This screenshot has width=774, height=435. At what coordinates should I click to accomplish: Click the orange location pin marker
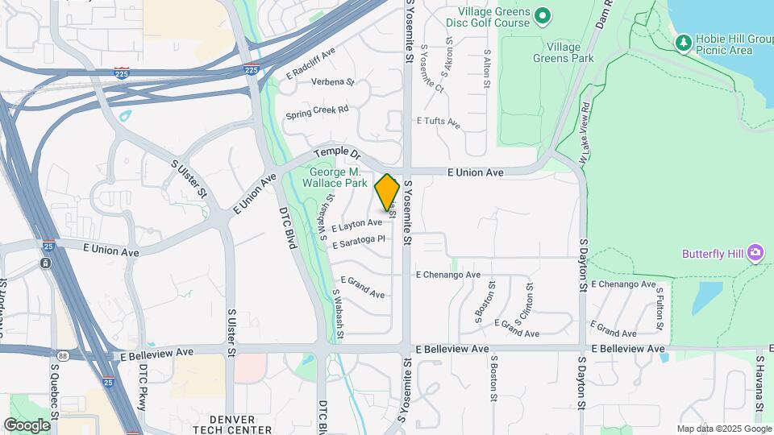click(387, 192)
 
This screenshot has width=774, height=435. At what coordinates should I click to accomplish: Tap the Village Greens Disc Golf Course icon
click(543, 15)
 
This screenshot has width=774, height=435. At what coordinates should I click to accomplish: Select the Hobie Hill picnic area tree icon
click(683, 40)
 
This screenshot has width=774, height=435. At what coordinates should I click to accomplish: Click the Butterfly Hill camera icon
click(755, 253)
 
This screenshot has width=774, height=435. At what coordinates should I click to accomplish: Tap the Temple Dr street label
click(338, 152)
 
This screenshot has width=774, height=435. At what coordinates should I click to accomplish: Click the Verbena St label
click(331, 82)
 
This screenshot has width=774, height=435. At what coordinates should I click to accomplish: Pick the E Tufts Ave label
click(438, 122)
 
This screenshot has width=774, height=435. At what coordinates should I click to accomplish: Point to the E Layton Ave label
click(356, 224)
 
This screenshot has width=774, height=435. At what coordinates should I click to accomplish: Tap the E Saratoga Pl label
click(359, 240)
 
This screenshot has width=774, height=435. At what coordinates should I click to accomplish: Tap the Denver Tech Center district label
click(231, 425)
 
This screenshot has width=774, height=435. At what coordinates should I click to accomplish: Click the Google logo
click(27, 425)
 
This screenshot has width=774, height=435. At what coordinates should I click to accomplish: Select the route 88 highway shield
click(63, 355)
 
